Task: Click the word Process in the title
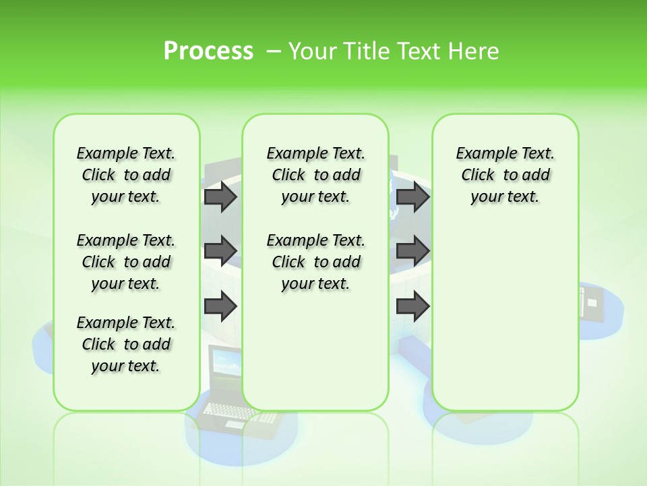(x=208, y=51)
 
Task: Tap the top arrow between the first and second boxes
(x=220, y=196)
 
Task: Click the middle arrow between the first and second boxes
(x=220, y=251)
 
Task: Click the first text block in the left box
(x=125, y=175)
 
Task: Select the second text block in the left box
(x=125, y=262)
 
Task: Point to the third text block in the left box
(x=125, y=344)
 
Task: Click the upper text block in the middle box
(x=315, y=175)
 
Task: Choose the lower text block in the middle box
(x=315, y=262)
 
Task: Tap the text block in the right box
(x=505, y=175)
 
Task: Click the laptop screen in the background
(x=226, y=368)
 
